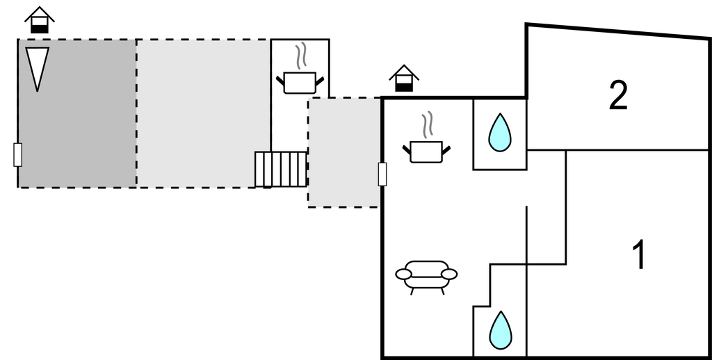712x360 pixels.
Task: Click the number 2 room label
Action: [618, 96]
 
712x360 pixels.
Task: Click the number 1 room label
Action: [638, 255]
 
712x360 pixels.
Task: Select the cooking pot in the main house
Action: [426, 151]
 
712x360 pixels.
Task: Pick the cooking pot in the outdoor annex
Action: [300, 83]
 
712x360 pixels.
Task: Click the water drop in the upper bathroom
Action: [499, 133]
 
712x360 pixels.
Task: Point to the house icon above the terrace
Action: [40, 19]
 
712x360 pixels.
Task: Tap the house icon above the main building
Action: [403, 78]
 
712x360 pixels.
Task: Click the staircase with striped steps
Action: [281, 170]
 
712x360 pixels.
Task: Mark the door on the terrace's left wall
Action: [18, 154]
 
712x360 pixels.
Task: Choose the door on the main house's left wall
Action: [382, 174]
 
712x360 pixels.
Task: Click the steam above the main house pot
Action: [426, 124]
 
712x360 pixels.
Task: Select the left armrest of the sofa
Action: [404, 274]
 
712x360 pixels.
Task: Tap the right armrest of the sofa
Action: [449, 274]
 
